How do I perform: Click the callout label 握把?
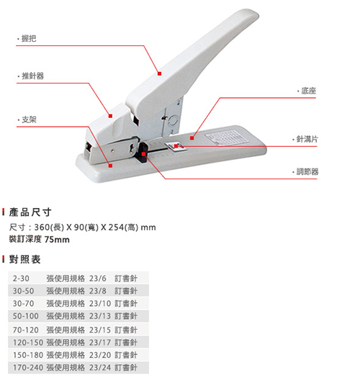pyautogui.click(x=29, y=39)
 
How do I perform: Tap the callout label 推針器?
pyautogui.click(x=32, y=76)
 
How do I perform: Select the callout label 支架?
pyautogui.click(x=29, y=120)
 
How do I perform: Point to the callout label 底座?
pyautogui.click(x=308, y=91)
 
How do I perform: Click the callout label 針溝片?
pyautogui.click(x=307, y=139)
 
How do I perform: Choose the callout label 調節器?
pyautogui.click(x=307, y=172)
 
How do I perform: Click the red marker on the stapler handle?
pyautogui.click(x=160, y=73)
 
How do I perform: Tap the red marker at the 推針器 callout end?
pyautogui.click(x=110, y=116)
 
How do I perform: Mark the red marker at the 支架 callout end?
pyautogui.click(x=110, y=166)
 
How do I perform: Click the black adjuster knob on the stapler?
pyautogui.click(x=143, y=153)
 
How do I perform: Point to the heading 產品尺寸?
pyautogui.click(x=30, y=212)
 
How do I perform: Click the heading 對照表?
pyautogui.click(x=24, y=259)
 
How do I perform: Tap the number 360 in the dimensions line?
pyautogui.click(x=42, y=227)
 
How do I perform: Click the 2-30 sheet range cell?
pyautogui.click(x=21, y=279)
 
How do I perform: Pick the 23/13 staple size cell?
pyautogui.click(x=100, y=316)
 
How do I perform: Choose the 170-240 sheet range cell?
pyautogui.click(x=28, y=368)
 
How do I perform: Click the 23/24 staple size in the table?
pyautogui.click(x=100, y=368)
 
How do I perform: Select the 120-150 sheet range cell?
pyautogui.click(x=28, y=343)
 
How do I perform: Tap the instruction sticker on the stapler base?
pyautogui.click(x=227, y=138)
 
